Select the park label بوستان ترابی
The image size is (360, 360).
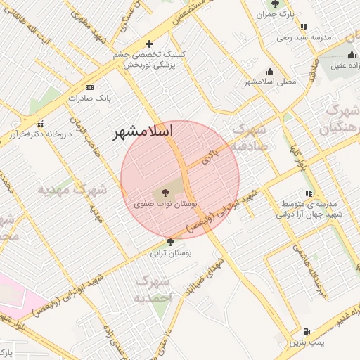[172, 252]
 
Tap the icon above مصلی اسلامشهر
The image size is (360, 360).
[271, 71]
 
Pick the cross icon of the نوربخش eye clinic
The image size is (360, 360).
[149, 44]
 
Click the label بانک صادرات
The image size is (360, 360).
[86, 98]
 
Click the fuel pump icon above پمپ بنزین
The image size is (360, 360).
[306, 331]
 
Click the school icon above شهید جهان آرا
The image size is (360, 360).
[309, 193]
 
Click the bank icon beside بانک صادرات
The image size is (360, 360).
[89, 86]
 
